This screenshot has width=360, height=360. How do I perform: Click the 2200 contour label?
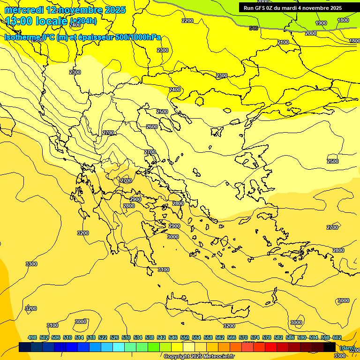coord(187,21)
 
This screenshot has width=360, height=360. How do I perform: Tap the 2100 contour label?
coord(283,42)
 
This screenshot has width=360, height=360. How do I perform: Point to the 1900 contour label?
coord(321,23)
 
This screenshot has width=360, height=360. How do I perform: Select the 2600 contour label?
coord(151,127)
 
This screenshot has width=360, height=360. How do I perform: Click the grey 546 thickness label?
coord(254,28)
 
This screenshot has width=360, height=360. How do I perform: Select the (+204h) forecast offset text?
coord(83,21)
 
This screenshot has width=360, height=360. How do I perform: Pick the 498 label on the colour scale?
coord(32,338)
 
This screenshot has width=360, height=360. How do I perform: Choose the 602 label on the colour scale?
coord(337,338)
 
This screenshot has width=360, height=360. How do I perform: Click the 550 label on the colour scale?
coord(185,338)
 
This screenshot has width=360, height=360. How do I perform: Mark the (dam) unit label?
coord(347,347)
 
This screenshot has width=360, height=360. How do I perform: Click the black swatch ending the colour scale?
coord(330,347)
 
